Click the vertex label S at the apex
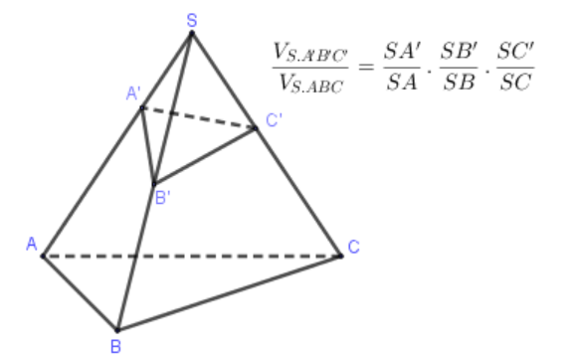pos(192,18)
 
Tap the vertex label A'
pos(132,94)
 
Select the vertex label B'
pos(163,197)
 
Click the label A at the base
pos(31,244)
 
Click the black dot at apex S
pos(192,33)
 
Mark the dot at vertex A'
pos(142,108)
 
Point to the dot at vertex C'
pos(257,127)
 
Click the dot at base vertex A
pos(43,256)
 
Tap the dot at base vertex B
pos(117,329)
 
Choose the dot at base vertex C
pos(341,256)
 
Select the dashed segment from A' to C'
pos(199,118)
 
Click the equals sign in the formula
pos(363,66)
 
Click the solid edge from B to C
pos(229,292)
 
